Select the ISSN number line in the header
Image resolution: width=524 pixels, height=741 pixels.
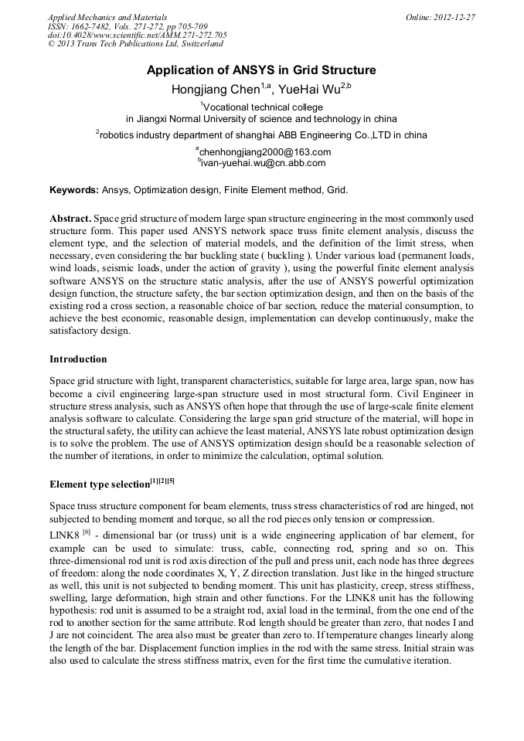point(128,25)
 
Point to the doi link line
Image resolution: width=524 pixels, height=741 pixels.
point(137,35)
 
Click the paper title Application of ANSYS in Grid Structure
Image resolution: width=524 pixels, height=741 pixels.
point(261,70)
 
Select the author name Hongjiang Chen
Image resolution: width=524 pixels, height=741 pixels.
point(216,90)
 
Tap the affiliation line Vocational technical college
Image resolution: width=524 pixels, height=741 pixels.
point(263,107)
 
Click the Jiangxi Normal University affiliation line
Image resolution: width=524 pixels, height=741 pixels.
point(261,119)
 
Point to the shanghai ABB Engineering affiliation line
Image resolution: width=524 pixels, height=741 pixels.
point(263,134)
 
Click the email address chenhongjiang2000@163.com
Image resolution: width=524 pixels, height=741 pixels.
point(264,152)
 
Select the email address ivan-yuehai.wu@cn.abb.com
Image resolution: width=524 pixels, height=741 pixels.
point(264,163)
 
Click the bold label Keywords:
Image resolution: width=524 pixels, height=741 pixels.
point(74,189)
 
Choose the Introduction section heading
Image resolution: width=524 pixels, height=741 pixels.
point(78,359)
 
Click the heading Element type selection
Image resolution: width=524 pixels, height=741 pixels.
point(99,484)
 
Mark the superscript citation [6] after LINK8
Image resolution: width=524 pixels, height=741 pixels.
point(87,532)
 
